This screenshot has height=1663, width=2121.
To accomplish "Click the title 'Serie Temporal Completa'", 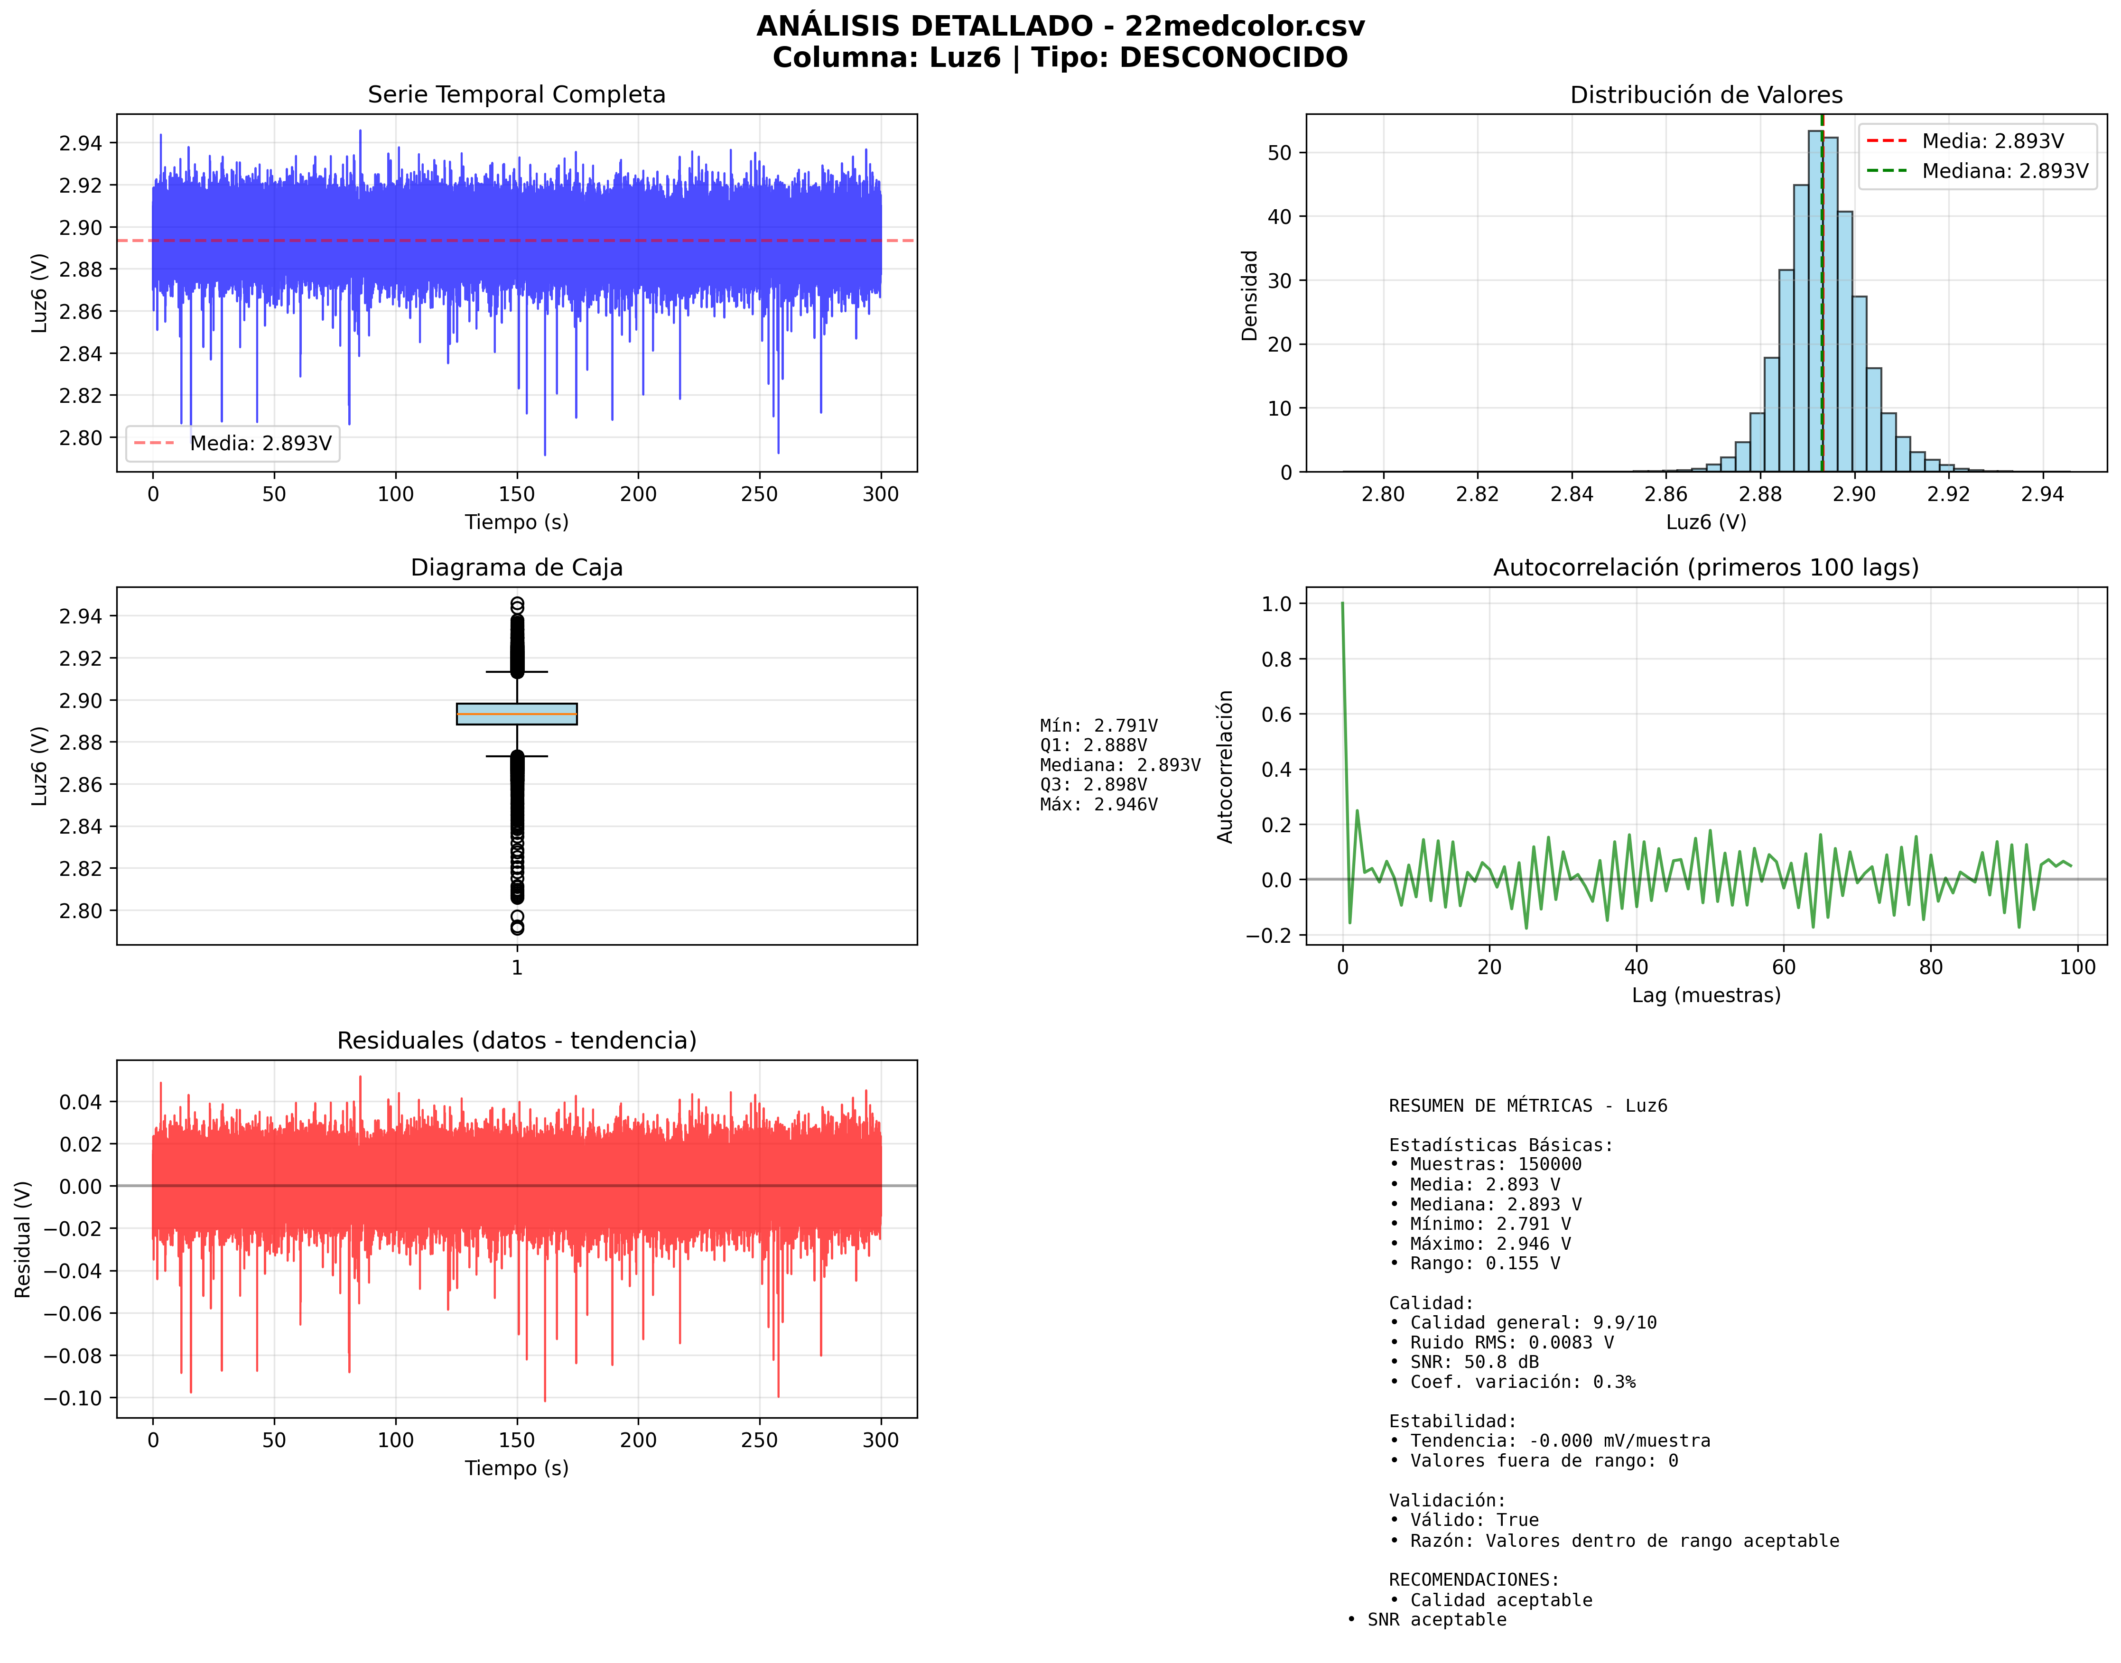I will (x=516, y=94).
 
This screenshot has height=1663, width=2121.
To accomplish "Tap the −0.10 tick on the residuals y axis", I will (x=73, y=1398).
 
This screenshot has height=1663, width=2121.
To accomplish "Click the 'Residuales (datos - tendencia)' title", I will (x=516, y=1041).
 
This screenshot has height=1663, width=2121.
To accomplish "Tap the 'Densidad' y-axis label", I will (x=1249, y=295).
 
